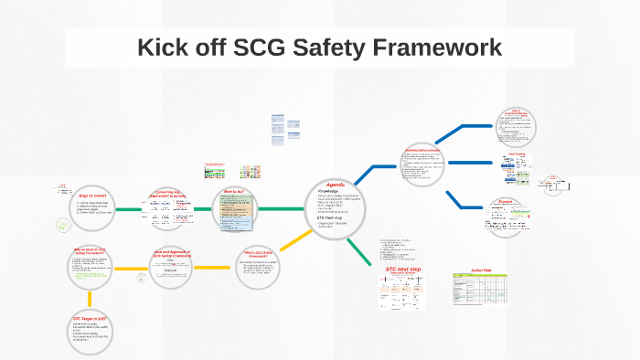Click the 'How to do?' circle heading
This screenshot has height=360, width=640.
(234, 193)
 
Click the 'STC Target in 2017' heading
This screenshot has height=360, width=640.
(89, 319)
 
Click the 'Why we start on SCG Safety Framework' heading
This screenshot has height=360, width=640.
(89, 251)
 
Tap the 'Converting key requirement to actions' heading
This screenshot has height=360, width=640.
(172, 195)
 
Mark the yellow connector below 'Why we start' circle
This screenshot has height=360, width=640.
(90, 298)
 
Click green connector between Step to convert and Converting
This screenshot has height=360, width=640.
(129, 209)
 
